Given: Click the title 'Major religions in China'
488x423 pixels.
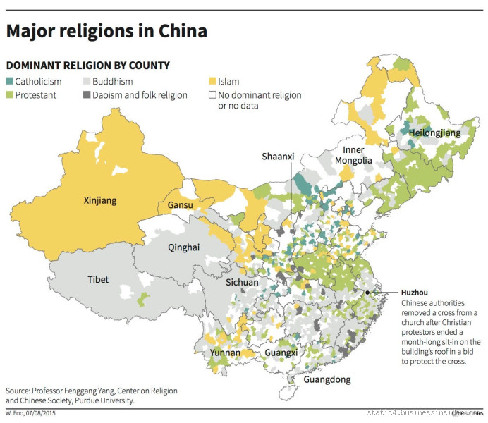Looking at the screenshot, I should [x=106, y=32].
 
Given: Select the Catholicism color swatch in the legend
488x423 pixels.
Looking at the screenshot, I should [x=10, y=81].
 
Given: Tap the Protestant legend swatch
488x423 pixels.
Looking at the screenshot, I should [x=10, y=94].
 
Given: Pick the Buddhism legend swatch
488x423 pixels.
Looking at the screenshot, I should [x=87, y=81].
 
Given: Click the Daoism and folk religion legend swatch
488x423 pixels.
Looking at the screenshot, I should [x=87, y=94].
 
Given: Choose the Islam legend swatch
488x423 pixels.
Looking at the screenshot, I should [x=211, y=81].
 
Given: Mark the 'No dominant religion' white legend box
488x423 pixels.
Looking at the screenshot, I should [x=211, y=94].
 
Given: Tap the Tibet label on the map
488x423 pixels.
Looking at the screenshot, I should [x=98, y=280].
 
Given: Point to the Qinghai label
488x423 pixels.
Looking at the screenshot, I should [x=184, y=247].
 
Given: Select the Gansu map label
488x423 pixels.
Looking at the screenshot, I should [x=181, y=206].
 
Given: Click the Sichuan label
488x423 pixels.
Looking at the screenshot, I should [x=243, y=283].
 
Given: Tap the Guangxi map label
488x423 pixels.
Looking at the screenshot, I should [x=281, y=352].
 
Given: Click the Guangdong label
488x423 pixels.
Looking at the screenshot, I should [x=327, y=380].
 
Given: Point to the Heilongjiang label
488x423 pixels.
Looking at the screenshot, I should [x=434, y=133].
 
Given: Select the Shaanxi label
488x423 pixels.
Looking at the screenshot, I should [x=277, y=156].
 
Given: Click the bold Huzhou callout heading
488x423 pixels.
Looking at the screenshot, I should [x=414, y=292].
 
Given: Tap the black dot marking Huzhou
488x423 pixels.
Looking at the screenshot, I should [x=368, y=292].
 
